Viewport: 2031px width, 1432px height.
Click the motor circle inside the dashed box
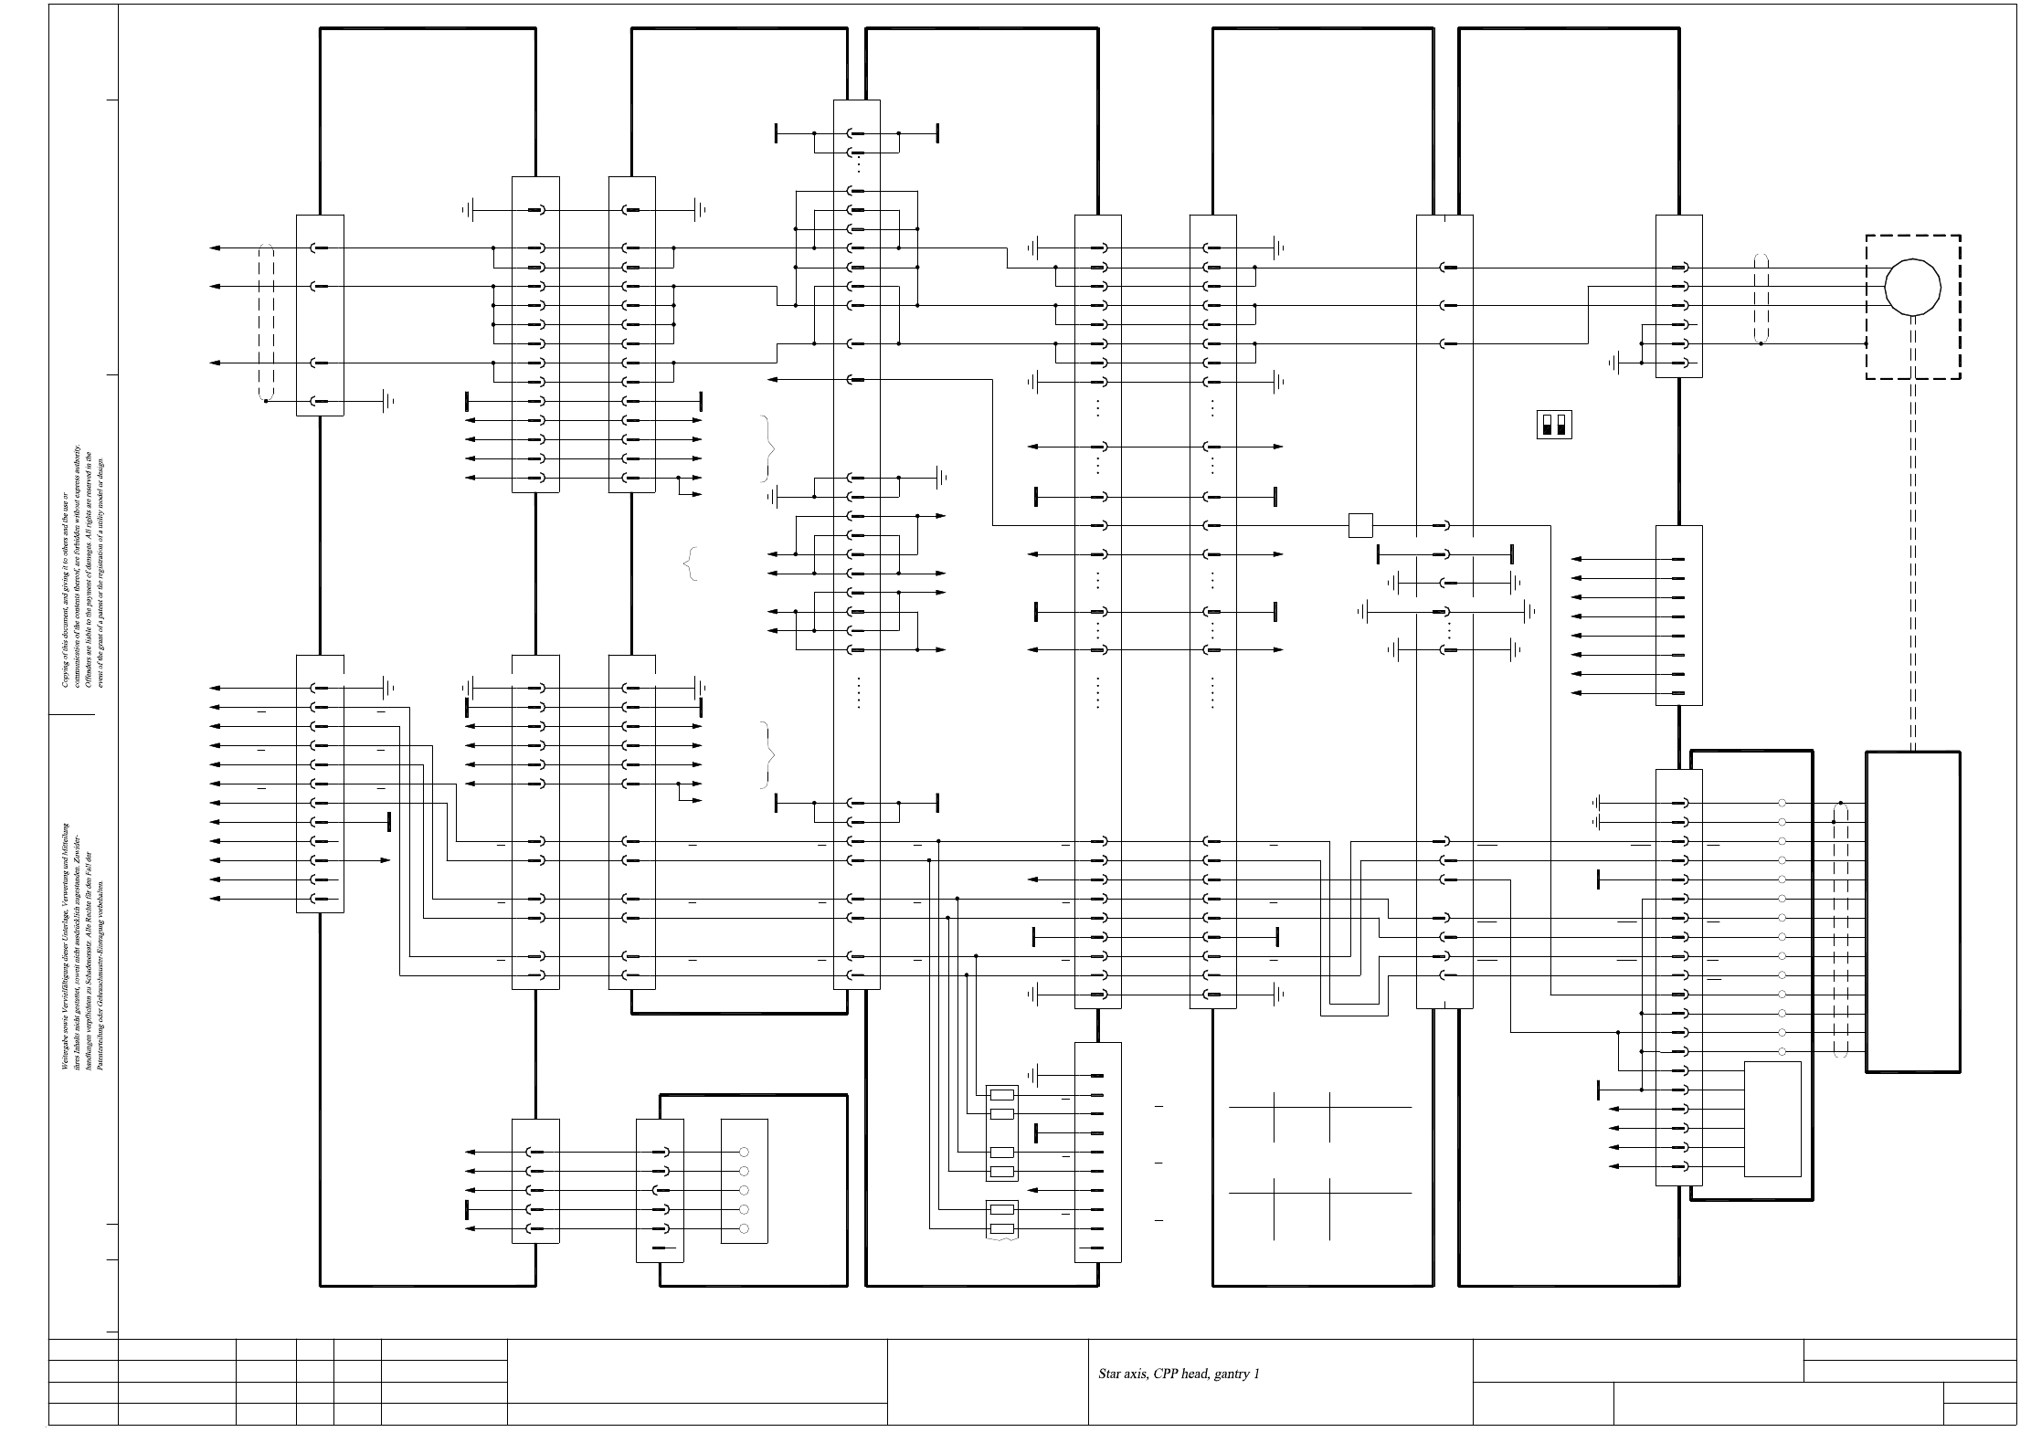[x=1912, y=287]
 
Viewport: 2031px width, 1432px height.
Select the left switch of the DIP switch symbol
[x=1547, y=425]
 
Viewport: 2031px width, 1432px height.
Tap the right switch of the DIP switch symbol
[x=1560, y=425]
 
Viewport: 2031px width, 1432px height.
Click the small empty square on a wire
[x=1360, y=526]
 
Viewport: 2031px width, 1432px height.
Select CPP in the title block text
[x=1167, y=1374]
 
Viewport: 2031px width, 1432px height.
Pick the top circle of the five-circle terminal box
[x=744, y=1153]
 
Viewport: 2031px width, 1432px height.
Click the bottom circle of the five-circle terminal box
[x=744, y=1229]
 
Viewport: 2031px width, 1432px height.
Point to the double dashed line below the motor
[x=1912, y=566]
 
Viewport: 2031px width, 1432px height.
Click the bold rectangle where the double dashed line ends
[x=1912, y=911]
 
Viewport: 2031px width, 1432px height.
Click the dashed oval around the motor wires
[x=1761, y=299]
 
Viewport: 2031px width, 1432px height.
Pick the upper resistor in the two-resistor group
[x=1002, y=1210]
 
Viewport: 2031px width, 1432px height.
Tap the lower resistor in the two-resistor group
[x=1002, y=1229]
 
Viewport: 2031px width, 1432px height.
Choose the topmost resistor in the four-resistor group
[x=1002, y=1095]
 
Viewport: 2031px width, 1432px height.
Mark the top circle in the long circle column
[x=1782, y=803]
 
